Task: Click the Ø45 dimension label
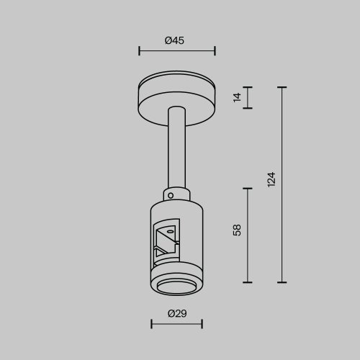tap(175, 41)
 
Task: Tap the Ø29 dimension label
tap(176, 314)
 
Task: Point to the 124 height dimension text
tap(271, 180)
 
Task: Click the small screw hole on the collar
tap(171, 193)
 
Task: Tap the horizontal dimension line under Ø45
tap(176, 52)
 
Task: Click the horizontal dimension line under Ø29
tap(176, 325)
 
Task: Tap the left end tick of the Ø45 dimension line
tap(138, 52)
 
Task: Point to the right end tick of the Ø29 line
tap(202, 325)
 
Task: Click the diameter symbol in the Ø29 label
tap(171, 314)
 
